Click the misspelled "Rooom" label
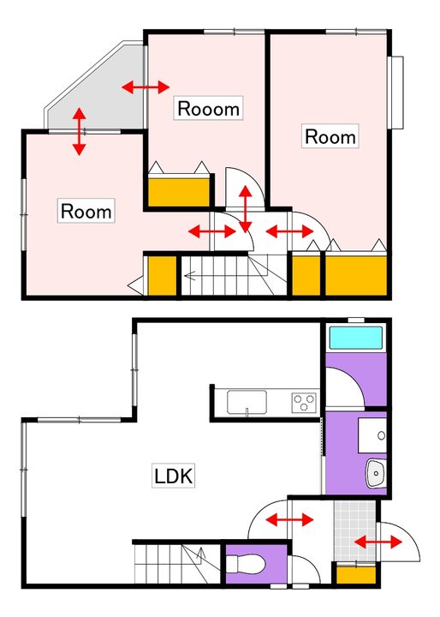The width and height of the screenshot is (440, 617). click(208, 108)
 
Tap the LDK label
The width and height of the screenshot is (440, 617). click(174, 476)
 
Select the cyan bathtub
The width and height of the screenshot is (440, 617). click(356, 338)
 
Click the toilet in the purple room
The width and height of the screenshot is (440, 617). click(247, 565)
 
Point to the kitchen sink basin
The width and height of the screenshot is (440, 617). click(247, 402)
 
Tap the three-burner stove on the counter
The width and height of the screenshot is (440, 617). click(304, 403)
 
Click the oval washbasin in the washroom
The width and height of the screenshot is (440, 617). click(377, 473)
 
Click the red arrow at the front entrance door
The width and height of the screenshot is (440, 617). click(378, 542)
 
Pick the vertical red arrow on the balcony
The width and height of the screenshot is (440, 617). click(80, 131)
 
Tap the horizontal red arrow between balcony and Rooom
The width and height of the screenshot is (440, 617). click(146, 87)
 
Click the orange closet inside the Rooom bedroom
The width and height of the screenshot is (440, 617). click(179, 192)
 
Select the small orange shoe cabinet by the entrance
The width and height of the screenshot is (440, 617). click(356, 575)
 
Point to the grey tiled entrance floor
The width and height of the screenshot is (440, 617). click(355, 530)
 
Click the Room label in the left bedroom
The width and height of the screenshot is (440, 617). click(86, 211)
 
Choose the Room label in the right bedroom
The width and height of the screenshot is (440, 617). click(330, 136)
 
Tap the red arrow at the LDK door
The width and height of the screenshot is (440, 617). click(290, 520)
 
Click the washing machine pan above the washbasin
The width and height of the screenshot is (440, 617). click(372, 435)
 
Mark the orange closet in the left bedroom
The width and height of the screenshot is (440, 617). click(162, 275)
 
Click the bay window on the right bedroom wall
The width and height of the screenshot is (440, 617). click(395, 93)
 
